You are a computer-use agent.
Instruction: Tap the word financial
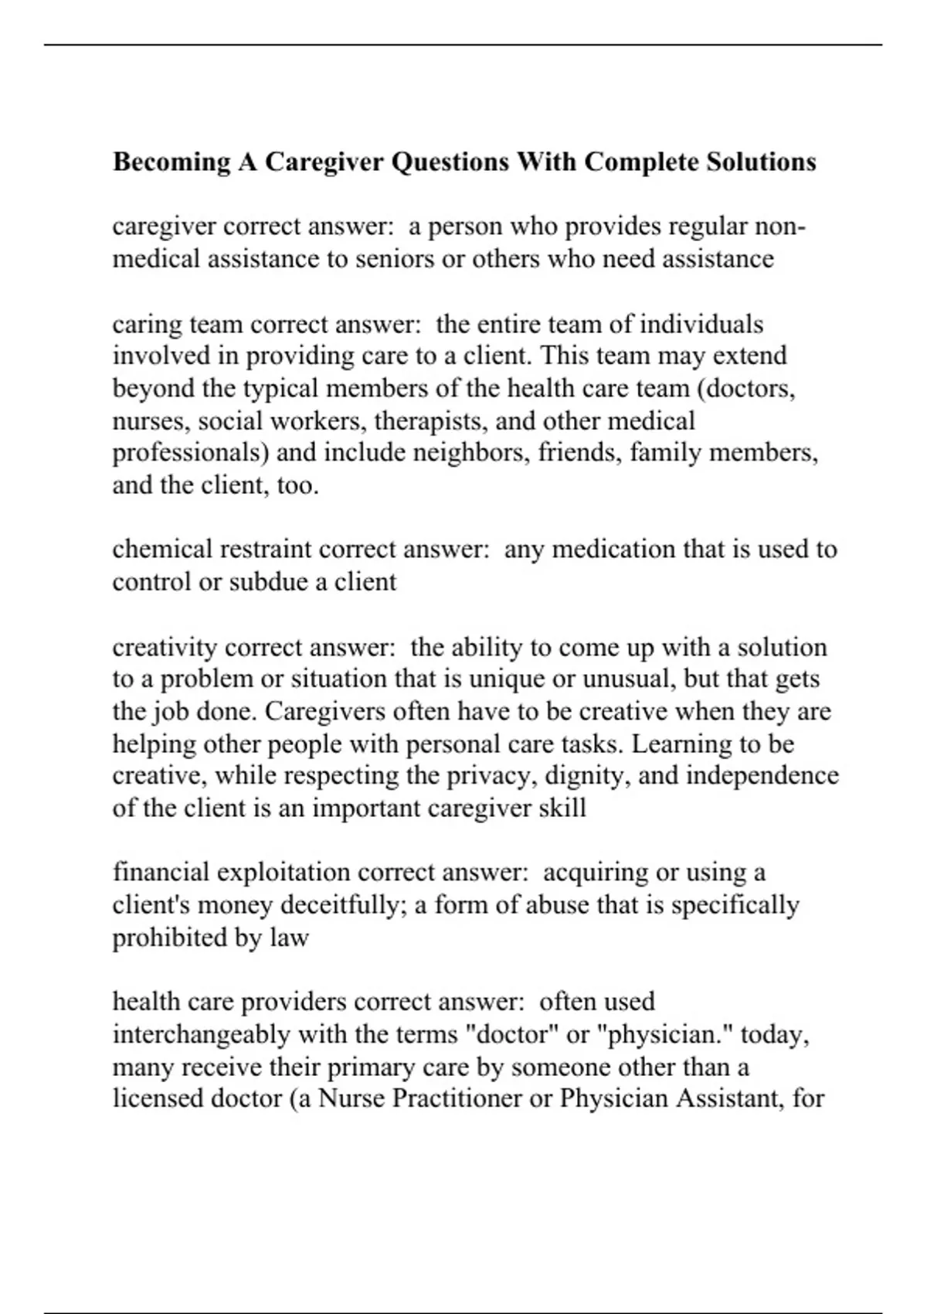(x=161, y=873)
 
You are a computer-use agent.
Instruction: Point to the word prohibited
(x=162, y=938)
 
